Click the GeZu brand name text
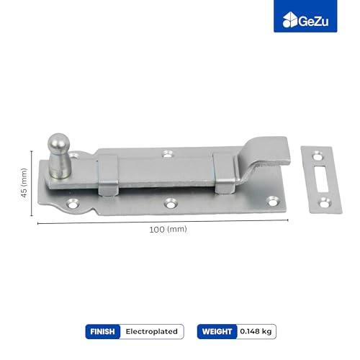coord(313,22)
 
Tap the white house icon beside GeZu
coord(290,19)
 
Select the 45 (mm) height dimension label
coord(24,183)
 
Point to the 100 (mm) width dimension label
coord(168,230)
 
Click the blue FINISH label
coord(102,331)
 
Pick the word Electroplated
coord(152,331)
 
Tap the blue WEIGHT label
coord(217,331)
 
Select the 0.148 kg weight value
coord(256,331)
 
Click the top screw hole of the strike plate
coord(318,157)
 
